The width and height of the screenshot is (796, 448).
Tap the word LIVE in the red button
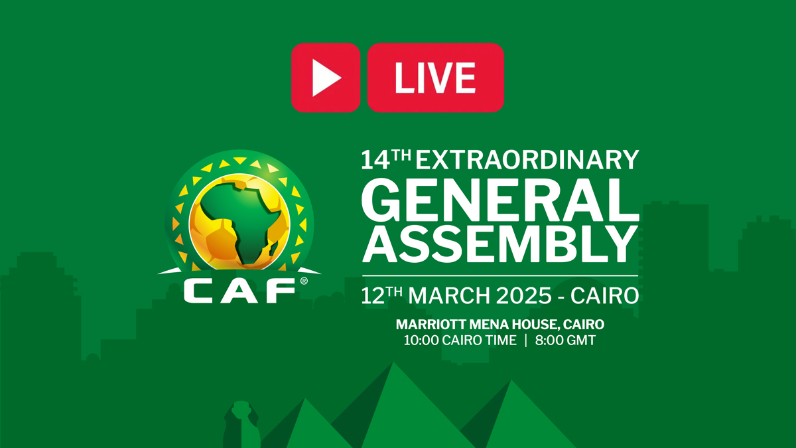[435, 78]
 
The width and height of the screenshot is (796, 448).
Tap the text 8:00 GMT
[566, 341]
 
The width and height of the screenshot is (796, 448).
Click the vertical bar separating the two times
[525, 341]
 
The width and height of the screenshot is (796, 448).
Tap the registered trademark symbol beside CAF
[304, 281]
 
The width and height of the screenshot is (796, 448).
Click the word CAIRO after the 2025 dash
[606, 295]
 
